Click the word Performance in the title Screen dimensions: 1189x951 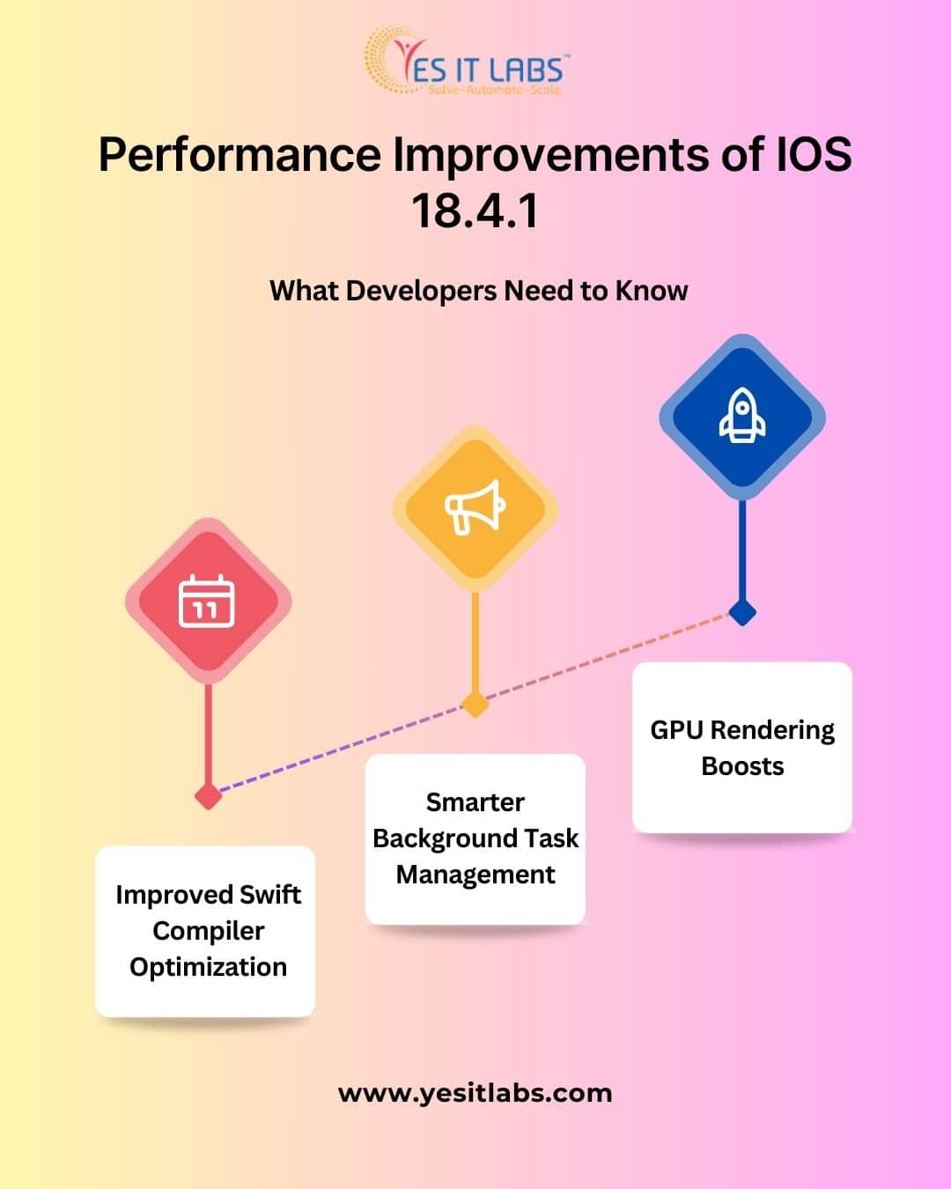click(240, 154)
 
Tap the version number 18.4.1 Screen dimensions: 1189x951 click(475, 211)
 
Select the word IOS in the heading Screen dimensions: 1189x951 click(813, 154)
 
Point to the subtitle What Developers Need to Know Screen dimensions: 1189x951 click(478, 291)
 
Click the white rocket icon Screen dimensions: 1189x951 click(741, 417)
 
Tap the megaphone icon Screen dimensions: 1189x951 click(475, 507)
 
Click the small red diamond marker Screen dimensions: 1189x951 click(209, 796)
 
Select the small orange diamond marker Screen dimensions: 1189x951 click(475, 704)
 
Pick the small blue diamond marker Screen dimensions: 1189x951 click(742, 612)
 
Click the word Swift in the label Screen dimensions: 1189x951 click(270, 895)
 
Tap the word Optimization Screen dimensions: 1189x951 click(208, 967)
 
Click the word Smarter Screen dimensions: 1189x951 click(475, 802)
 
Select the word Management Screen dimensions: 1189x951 click(475, 875)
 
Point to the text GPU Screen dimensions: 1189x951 click(676, 730)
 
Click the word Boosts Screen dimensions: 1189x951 click(742, 766)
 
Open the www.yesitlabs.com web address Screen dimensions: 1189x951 click(475, 1093)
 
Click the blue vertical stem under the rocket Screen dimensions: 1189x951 click(742, 550)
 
